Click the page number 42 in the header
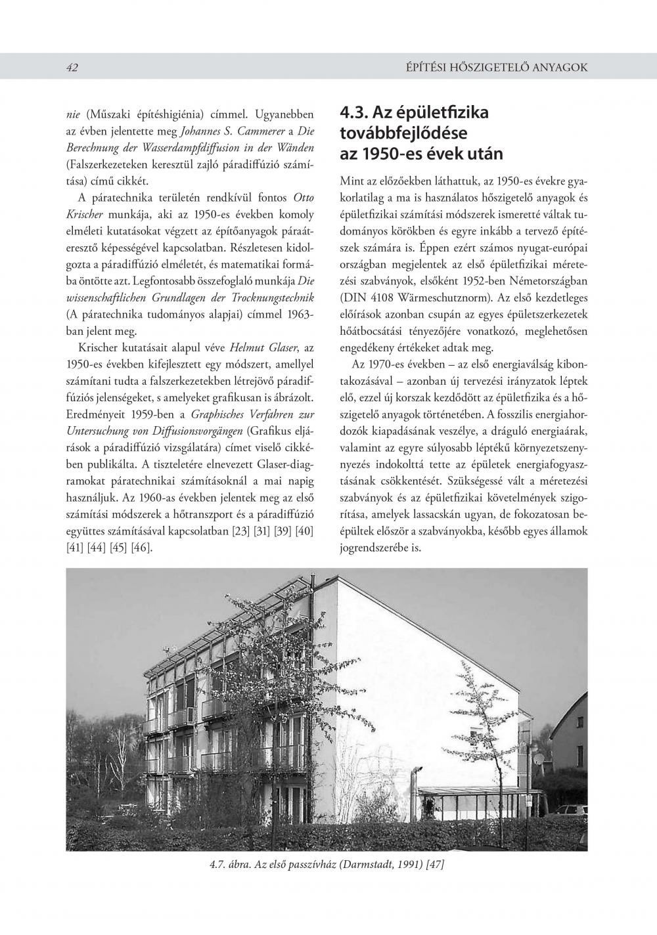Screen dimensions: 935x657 click(x=72, y=68)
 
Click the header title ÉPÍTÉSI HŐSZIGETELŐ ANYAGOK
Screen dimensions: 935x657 click(x=497, y=68)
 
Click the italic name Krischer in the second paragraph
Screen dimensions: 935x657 click(x=88, y=215)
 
